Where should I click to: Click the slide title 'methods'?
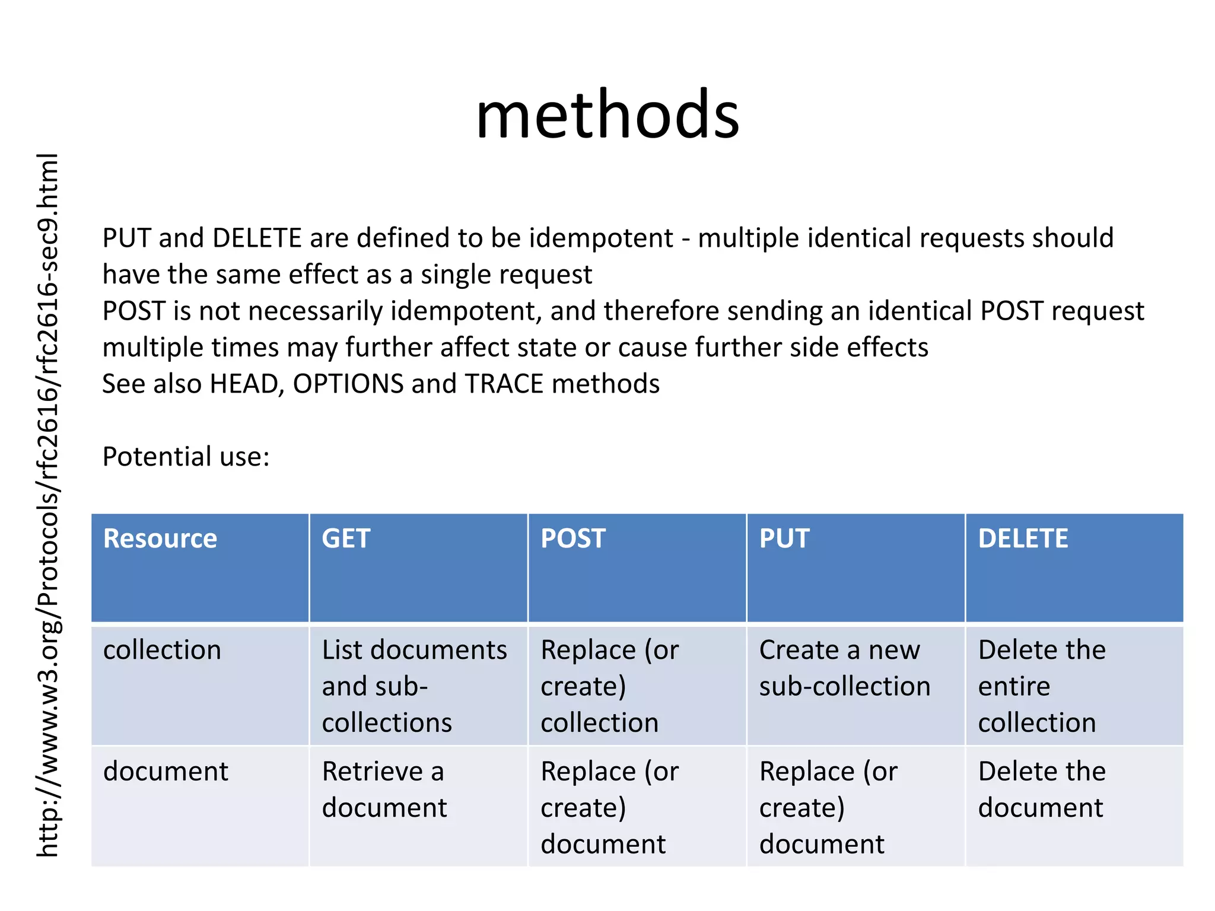point(607,114)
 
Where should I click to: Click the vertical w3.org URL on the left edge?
point(47,504)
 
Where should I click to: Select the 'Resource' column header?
point(160,539)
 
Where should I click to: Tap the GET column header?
point(346,539)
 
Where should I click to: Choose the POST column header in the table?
point(573,539)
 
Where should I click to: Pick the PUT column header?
point(784,539)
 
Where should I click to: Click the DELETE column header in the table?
point(1023,539)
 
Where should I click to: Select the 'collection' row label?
point(162,650)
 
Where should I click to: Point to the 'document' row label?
point(166,772)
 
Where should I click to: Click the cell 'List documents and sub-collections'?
point(414,686)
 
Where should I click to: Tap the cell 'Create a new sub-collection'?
point(845,668)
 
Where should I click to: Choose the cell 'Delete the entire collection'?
point(1042,686)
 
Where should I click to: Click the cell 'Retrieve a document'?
point(384,789)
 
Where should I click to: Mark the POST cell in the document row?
point(609,807)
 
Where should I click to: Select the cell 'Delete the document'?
point(1042,789)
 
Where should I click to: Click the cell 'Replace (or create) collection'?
point(609,686)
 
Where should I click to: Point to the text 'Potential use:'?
point(186,457)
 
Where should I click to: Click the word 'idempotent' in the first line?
point(601,238)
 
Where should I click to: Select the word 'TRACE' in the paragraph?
point(504,384)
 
